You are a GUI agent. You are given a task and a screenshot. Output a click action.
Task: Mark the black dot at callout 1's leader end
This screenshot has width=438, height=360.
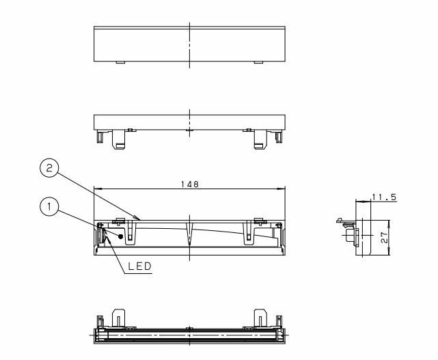click(122, 236)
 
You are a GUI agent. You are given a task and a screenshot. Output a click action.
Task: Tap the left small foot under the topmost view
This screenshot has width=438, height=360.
click(120, 63)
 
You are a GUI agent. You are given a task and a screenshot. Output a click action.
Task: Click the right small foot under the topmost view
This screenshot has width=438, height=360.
click(258, 63)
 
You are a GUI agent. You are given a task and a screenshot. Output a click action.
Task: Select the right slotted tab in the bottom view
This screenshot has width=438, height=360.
click(261, 318)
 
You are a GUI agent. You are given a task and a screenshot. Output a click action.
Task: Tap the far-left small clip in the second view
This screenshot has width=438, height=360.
click(100, 137)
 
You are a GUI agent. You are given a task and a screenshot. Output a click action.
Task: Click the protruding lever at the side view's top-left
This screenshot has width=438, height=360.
click(341, 221)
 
